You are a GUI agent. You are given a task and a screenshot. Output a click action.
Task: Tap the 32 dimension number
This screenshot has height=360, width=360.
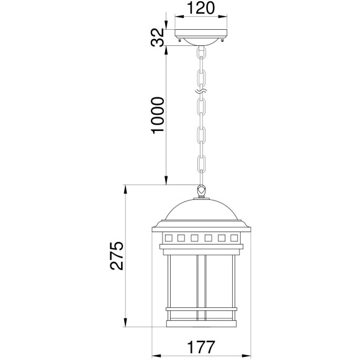158,38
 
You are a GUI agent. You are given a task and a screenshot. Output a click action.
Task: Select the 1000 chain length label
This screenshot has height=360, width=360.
158,115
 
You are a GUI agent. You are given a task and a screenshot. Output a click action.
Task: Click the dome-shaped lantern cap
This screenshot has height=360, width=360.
200,214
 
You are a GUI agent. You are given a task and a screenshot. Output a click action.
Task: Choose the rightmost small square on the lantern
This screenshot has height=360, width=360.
235,238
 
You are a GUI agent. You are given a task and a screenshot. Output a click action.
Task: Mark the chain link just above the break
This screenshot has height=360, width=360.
201,78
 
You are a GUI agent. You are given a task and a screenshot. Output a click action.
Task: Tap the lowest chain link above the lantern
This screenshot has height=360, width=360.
201,164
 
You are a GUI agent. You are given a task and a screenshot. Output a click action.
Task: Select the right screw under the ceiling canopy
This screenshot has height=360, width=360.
223,42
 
